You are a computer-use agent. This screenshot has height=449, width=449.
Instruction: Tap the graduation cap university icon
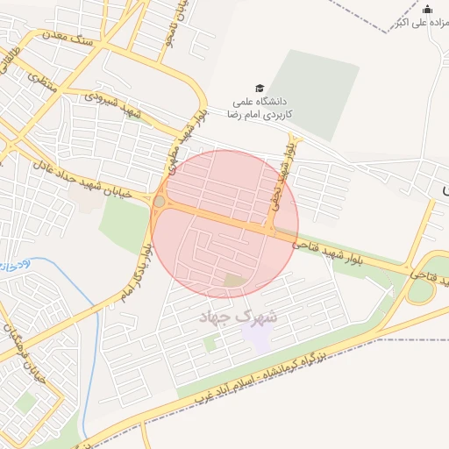click(259, 88)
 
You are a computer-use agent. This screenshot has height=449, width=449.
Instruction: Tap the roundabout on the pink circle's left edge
click(159, 203)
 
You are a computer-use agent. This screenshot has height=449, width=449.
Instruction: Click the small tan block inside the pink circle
click(234, 281)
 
